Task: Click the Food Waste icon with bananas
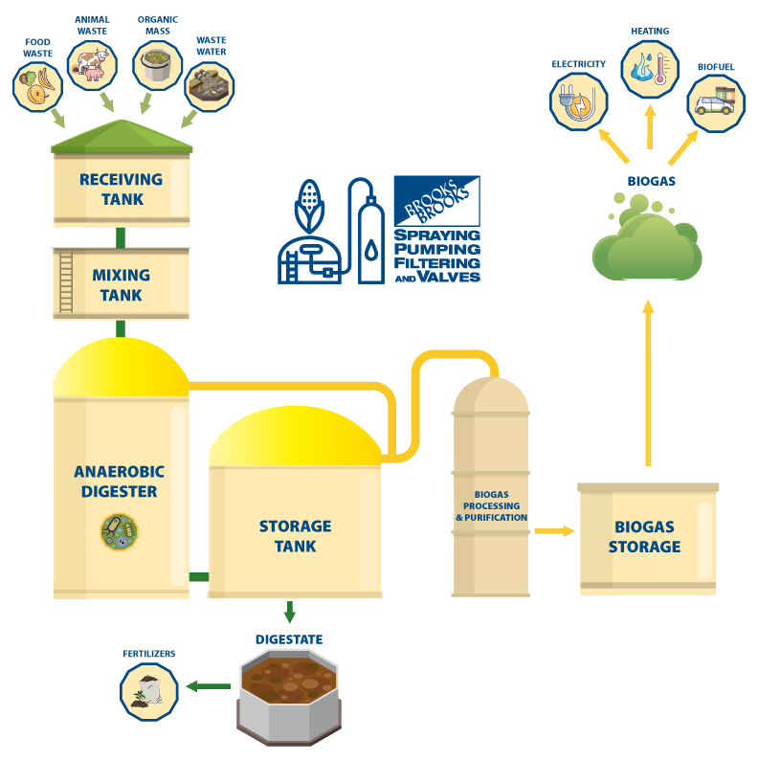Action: click(37, 87)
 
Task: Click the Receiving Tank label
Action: click(121, 190)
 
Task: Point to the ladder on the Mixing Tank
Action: click(66, 281)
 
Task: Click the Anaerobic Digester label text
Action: click(120, 481)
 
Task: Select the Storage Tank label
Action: click(295, 536)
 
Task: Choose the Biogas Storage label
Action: click(648, 537)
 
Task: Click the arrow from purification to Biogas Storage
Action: click(554, 529)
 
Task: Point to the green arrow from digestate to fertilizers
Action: click(209, 686)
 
